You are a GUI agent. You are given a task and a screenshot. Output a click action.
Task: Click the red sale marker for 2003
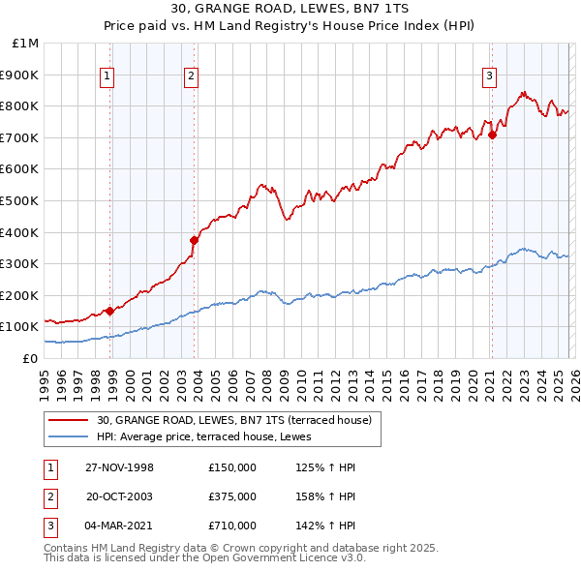tap(194, 240)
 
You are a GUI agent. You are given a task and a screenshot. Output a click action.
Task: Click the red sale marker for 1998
tap(110, 311)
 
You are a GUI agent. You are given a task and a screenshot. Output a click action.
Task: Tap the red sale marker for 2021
tap(492, 135)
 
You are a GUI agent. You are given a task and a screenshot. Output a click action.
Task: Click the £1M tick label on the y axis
tap(26, 44)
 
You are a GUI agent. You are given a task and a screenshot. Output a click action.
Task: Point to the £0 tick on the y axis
tap(29, 358)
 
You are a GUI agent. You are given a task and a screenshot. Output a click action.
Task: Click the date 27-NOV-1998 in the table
tap(119, 467)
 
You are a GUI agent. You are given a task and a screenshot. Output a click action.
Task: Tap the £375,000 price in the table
tap(232, 496)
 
